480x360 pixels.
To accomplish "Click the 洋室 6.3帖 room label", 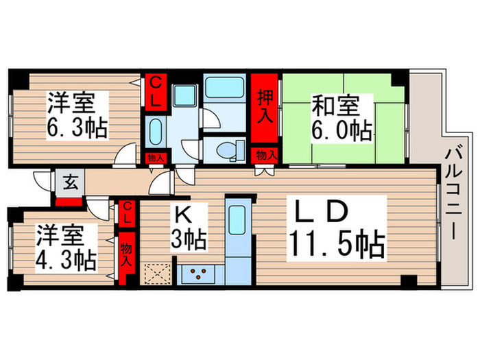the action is tap(77, 115).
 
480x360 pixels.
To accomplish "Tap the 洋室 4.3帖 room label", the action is tap(66, 248).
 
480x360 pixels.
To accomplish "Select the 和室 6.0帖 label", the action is tap(342, 118).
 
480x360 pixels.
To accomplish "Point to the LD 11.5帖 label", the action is tap(337, 228).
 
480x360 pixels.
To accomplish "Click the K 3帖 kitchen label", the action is tap(189, 227).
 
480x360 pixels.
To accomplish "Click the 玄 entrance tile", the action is tap(70, 183).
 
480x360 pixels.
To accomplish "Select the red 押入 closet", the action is tap(265, 108).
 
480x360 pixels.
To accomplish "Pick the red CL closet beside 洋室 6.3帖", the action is tap(156, 92).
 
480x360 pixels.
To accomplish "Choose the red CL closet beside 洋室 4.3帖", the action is tap(127, 213).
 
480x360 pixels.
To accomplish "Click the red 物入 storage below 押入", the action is tap(265, 155).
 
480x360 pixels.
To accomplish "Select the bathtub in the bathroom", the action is tap(225, 88).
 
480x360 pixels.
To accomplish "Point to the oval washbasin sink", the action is tap(156, 132).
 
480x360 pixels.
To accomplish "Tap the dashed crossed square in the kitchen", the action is tap(158, 274).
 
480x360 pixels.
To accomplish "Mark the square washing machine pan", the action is tap(184, 96).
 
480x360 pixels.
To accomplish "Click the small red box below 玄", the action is tap(69, 202).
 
